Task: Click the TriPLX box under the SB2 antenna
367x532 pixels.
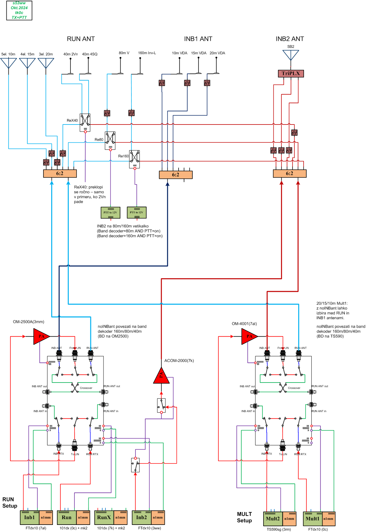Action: (290, 74)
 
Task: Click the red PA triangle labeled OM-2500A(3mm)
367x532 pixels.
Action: (40, 336)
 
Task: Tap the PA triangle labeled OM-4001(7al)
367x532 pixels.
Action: (248, 336)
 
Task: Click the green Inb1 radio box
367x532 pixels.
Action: (30, 517)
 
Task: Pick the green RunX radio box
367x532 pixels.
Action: (104, 517)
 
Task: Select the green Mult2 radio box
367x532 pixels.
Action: (273, 519)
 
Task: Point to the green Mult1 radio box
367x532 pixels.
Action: (312, 519)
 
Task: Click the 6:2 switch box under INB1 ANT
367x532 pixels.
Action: (176, 175)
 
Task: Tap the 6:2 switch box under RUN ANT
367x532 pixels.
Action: (60, 173)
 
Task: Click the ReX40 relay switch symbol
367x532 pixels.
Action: (85, 121)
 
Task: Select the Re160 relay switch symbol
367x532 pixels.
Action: (134, 158)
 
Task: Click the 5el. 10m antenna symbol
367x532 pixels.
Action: (8, 63)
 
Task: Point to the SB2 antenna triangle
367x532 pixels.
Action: (290, 55)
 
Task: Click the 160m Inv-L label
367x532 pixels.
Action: (147, 53)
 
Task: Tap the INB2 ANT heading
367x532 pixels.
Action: (289, 39)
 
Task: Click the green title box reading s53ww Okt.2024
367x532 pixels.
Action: (19, 10)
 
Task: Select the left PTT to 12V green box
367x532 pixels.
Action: (111, 213)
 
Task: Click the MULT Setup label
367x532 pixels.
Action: (244, 517)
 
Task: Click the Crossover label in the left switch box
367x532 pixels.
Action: (86, 388)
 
